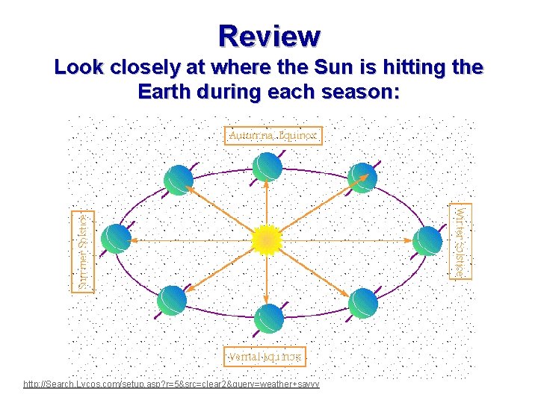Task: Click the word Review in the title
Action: (269, 35)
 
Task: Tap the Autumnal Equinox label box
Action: (273, 136)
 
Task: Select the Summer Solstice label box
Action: (82, 250)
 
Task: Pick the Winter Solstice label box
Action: (463, 240)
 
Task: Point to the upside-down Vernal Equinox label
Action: (265, 356)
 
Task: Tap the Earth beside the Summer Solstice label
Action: (117, 240)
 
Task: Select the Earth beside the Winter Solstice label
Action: (427, 240)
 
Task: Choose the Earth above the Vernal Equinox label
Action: (268, 317)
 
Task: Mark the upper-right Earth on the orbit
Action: (362, 178)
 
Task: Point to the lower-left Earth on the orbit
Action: (173, 300)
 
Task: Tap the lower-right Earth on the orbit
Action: (364, 302)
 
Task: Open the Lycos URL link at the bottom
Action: (172, 384)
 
